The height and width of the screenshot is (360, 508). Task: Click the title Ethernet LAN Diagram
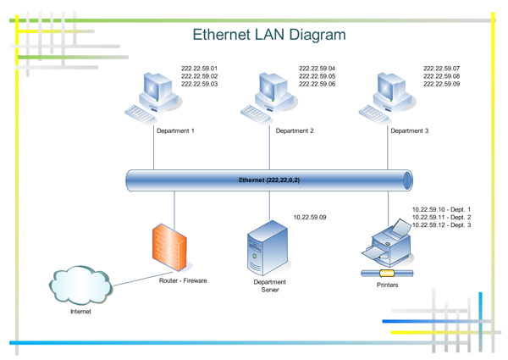(269, 35)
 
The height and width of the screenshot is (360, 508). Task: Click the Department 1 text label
(176, 131)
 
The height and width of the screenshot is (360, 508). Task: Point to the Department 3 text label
(410, 131)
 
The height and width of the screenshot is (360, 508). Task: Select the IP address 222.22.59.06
(317, 84)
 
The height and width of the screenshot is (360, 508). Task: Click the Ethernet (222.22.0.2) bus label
(269, 180)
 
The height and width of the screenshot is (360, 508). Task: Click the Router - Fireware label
(183, 280)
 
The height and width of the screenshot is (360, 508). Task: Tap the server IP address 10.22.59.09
(309, 218)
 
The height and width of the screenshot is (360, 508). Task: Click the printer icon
(386, 244)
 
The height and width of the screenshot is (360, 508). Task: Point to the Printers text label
(387, 285)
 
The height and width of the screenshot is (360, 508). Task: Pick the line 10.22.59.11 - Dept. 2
(441, 218)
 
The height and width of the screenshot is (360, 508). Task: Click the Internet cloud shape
(80, 285)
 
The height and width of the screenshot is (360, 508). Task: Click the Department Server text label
(270, 285)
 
